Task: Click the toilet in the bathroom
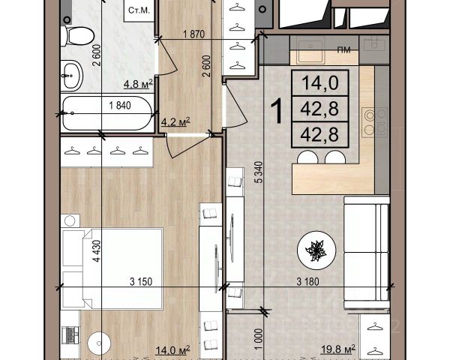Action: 77,36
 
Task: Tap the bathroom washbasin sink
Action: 72,76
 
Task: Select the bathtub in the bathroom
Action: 107,113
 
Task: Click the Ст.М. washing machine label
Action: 139,10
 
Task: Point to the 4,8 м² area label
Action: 138,84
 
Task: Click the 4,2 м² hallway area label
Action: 175,121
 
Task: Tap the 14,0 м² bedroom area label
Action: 172,350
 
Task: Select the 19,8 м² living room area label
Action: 338,349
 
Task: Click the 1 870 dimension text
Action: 194,34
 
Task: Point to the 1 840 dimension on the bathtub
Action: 120,106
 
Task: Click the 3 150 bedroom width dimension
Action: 141,282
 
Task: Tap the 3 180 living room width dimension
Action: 307,282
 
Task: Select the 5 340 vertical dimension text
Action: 259,172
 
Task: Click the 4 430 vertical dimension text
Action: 97,251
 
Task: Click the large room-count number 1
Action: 277,111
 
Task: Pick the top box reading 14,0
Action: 320,83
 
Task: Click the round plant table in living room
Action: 316,250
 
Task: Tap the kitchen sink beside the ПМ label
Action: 310,52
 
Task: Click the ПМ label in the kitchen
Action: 343,50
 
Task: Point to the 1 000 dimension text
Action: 259,339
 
